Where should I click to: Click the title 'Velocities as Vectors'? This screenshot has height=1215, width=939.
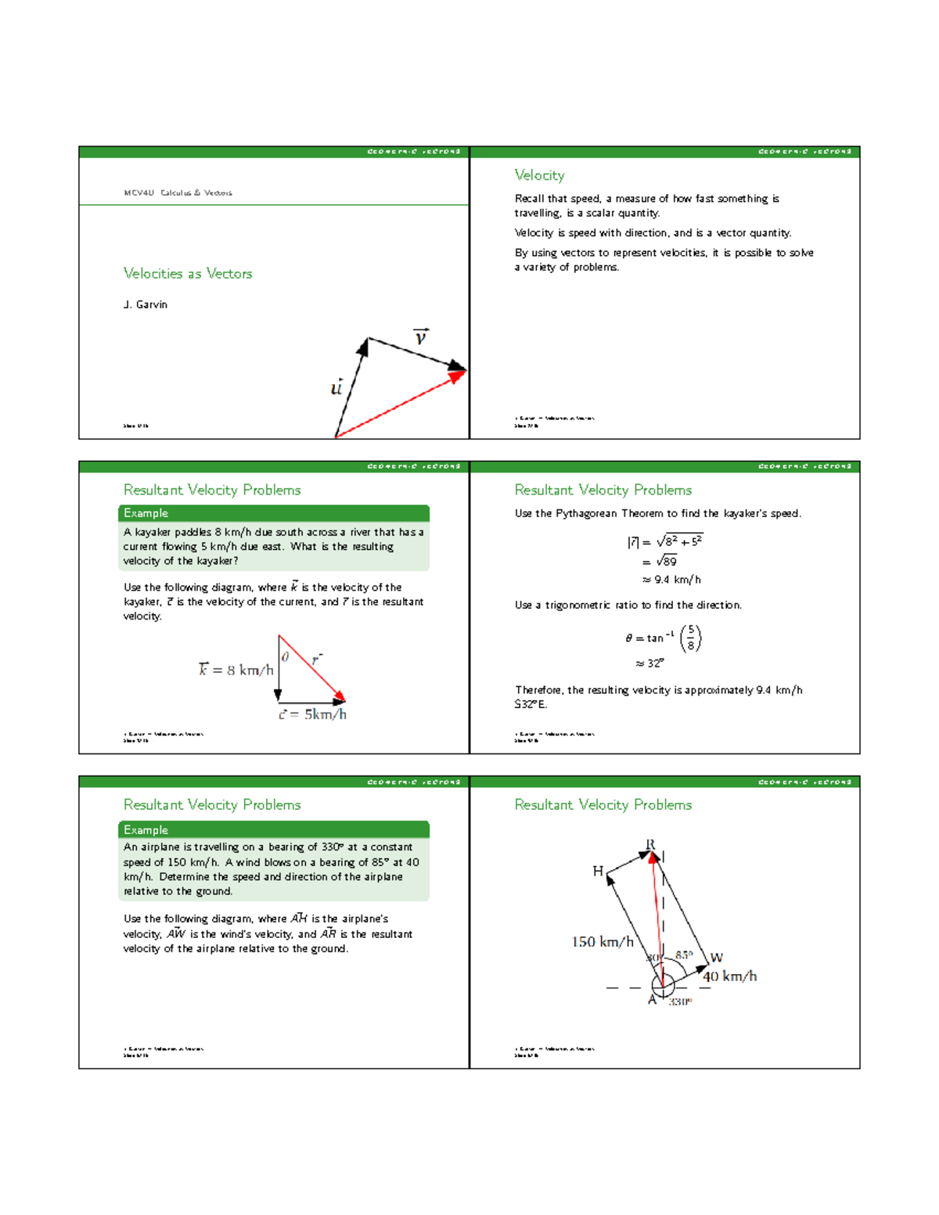188,273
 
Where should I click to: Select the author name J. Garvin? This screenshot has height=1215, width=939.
146,304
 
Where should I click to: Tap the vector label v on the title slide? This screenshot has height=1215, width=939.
421,337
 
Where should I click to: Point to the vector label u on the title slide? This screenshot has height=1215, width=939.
336,387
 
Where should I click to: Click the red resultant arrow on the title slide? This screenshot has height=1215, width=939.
399,404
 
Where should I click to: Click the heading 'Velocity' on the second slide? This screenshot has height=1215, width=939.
539,175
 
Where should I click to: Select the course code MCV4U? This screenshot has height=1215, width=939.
139,192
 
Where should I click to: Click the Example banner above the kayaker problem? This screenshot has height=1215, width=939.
273,513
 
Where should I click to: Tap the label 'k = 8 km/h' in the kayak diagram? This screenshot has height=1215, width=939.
236,670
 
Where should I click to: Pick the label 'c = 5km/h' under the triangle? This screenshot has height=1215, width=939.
312,714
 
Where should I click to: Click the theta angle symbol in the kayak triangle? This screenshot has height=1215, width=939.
285,657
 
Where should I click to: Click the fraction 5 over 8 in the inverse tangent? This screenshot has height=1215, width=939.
690,638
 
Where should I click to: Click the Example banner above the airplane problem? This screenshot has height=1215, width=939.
273,829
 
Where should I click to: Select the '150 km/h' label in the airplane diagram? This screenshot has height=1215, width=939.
602,942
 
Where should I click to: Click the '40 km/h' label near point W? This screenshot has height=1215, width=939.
729,976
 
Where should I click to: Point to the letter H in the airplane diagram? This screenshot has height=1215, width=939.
598,871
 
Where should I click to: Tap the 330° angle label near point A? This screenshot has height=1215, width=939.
680,1001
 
